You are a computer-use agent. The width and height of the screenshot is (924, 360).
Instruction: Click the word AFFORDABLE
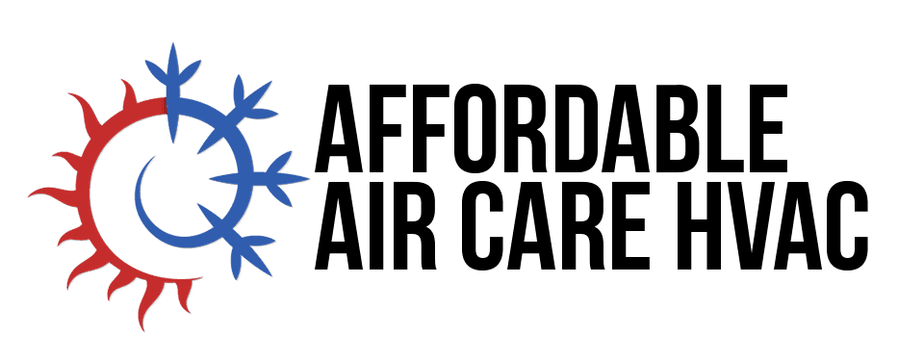552,129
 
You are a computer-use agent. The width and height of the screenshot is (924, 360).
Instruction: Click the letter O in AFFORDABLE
487,129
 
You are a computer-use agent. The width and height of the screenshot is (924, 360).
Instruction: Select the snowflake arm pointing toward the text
259,178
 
